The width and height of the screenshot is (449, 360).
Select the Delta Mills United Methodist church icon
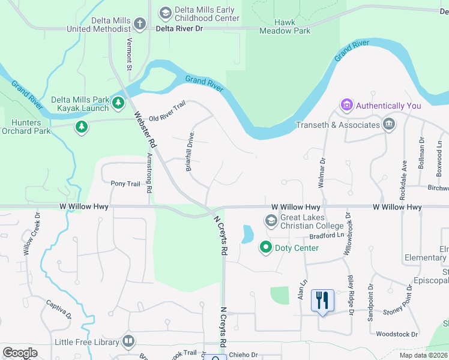click(x=140, y=24)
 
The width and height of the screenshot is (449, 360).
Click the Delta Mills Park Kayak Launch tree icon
click(x=119, y=103)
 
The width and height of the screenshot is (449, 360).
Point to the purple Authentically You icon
click(x=346, y=106)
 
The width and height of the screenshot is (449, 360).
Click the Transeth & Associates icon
click(x=389, y=125)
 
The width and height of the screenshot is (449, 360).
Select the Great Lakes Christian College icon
click(x=271, y=221)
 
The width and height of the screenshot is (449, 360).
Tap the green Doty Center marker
click(x=265, y=247)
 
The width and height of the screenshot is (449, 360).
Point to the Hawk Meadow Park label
click(x=285, y=26)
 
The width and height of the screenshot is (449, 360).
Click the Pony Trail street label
click(x=125, y=183)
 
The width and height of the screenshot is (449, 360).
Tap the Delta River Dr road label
click(x=180, y=28)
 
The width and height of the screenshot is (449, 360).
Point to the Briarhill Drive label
click(x=191, y=153)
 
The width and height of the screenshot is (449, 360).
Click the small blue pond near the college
click(x=247, y=234)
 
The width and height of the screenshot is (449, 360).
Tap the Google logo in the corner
click(x=20, y=352)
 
